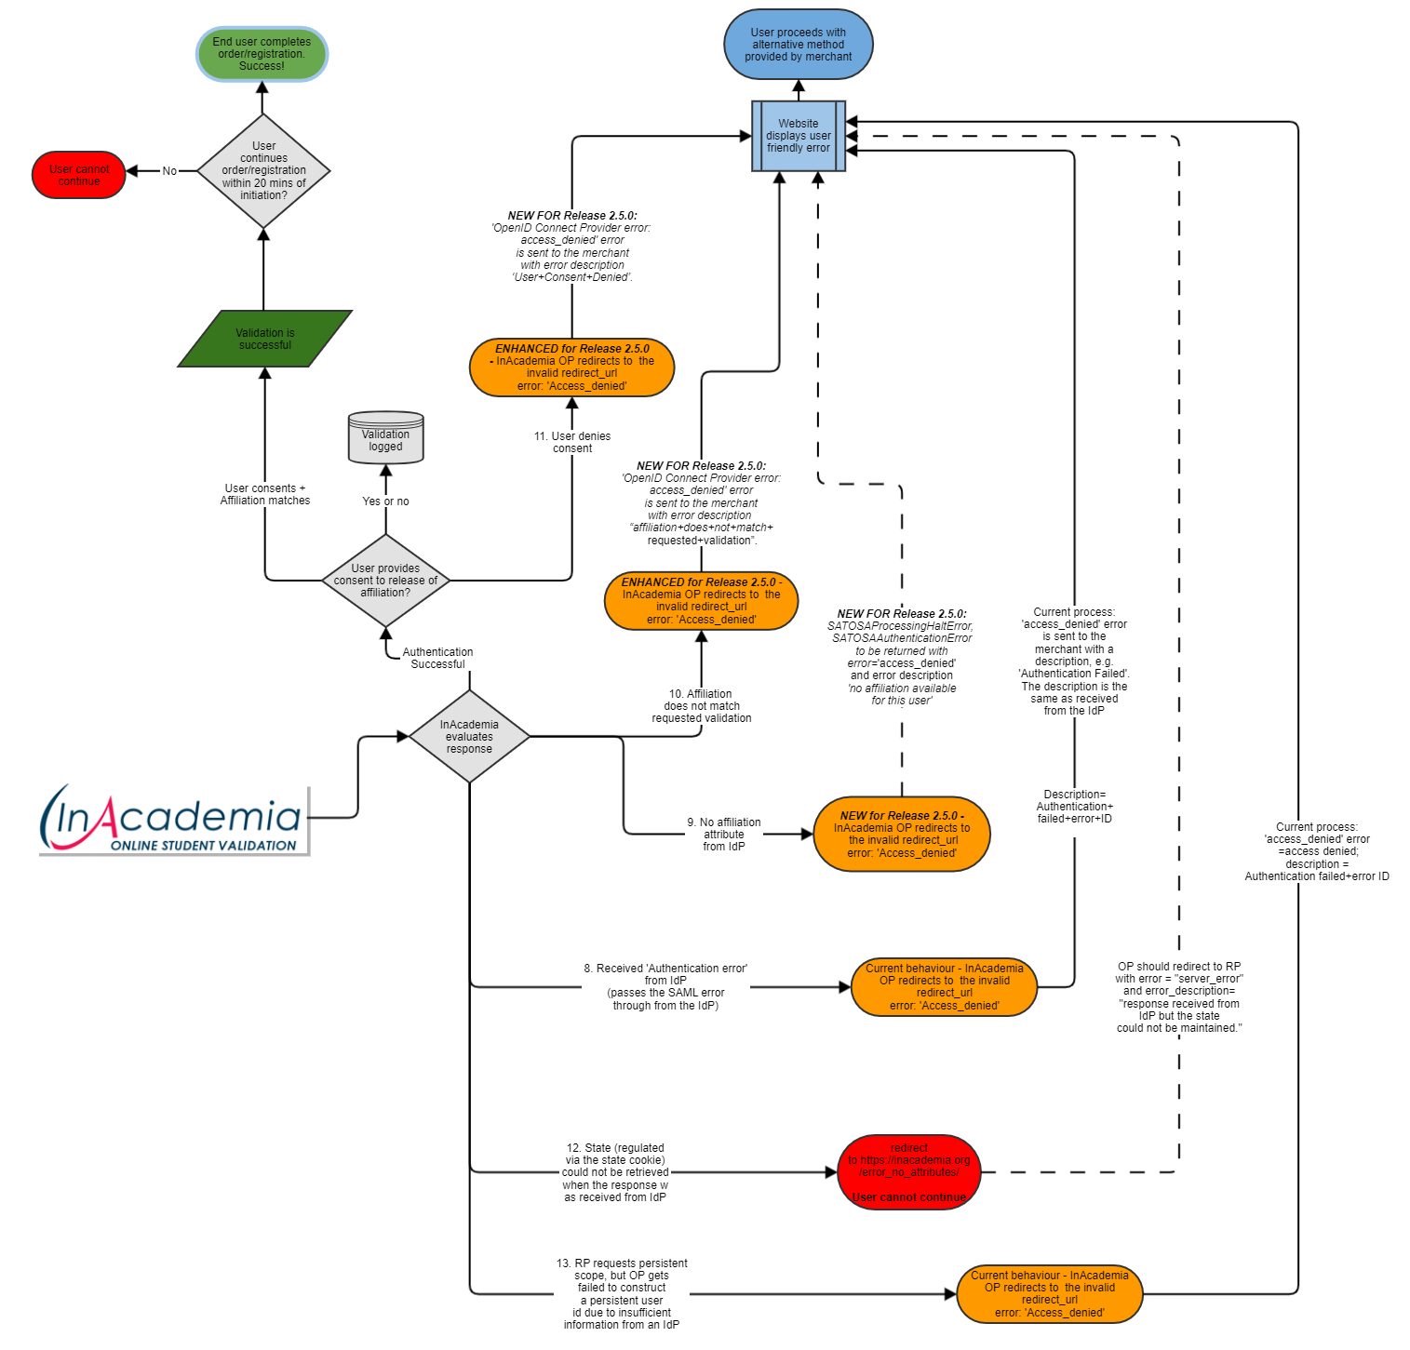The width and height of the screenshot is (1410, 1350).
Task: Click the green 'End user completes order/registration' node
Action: click(262, 54)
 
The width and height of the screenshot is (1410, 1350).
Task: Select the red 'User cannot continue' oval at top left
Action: click(79, 175)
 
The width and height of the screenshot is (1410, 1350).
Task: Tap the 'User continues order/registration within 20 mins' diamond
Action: click(263, 171)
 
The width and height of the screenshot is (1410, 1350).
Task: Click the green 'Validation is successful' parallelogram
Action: click(265, 339)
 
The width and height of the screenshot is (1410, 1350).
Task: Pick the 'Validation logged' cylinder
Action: click(385, 438)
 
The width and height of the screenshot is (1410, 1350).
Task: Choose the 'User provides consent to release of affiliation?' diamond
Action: click(385, 581)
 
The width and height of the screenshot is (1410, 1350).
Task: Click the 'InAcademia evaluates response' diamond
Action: click(469, 737)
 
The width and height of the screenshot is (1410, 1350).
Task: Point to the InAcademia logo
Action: click(174, 820)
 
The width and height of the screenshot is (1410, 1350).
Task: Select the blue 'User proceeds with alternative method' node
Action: click(799, 45)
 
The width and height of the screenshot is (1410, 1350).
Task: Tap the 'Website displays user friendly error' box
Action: click(799, 136)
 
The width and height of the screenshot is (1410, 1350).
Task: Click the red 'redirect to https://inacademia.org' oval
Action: click(908, 1172)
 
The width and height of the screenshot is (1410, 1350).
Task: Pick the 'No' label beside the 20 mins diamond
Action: click(169, 171)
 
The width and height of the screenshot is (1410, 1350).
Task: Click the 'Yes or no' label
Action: click(385, 501)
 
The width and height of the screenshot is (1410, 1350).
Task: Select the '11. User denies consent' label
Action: click(572, 442)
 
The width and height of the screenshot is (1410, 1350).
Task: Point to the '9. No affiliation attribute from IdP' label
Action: click(724, 835)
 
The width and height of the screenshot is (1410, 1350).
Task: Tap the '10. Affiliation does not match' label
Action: click(702, 706)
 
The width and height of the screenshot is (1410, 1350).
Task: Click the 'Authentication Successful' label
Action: click(437, 658)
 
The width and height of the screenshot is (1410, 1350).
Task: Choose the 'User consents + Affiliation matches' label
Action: click(265, 494)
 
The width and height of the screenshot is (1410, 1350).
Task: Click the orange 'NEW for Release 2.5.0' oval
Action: click(901, 835)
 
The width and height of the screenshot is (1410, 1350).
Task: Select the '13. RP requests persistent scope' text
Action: click(622, 1294)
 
